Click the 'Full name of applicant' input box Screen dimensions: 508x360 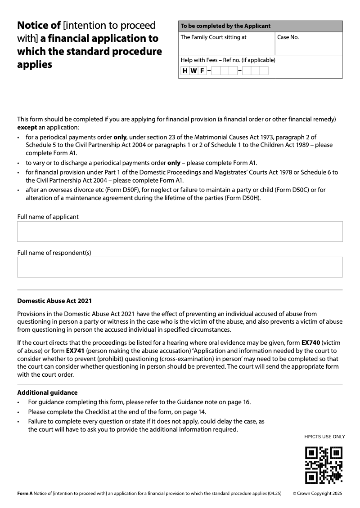pos(180,232)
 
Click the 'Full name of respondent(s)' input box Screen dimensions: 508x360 pos(180,267)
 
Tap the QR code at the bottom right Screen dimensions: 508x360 pos(324,464)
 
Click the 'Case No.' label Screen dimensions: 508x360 pos(288,37)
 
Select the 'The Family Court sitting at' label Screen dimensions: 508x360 pos(213,37)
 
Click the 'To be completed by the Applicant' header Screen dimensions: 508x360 pos(225,26)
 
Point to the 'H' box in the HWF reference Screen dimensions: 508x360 pos(185,71)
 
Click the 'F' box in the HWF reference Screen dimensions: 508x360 pos(202,71)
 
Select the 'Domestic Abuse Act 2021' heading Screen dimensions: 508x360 pos(54,301)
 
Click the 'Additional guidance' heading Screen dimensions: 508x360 pos(47,392)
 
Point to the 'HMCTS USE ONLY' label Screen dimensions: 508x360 pos(324,437)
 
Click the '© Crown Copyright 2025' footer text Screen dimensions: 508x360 pos(317,493)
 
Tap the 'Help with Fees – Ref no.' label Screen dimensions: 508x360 pos(228,60)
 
